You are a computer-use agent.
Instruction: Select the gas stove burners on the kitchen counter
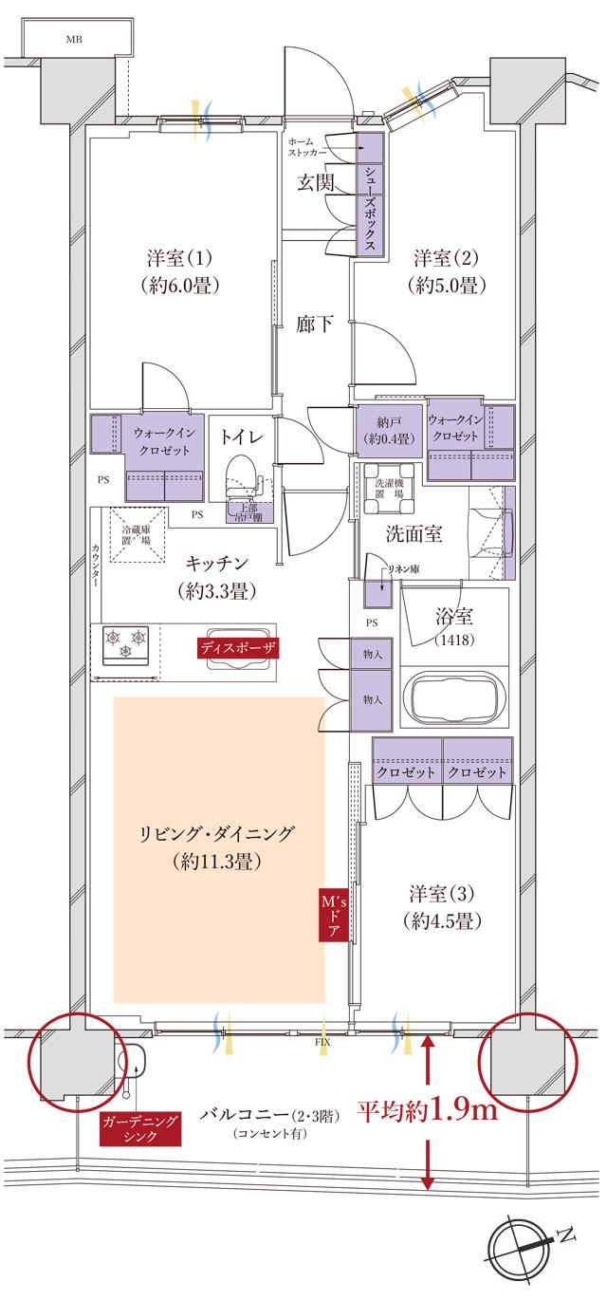126,642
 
